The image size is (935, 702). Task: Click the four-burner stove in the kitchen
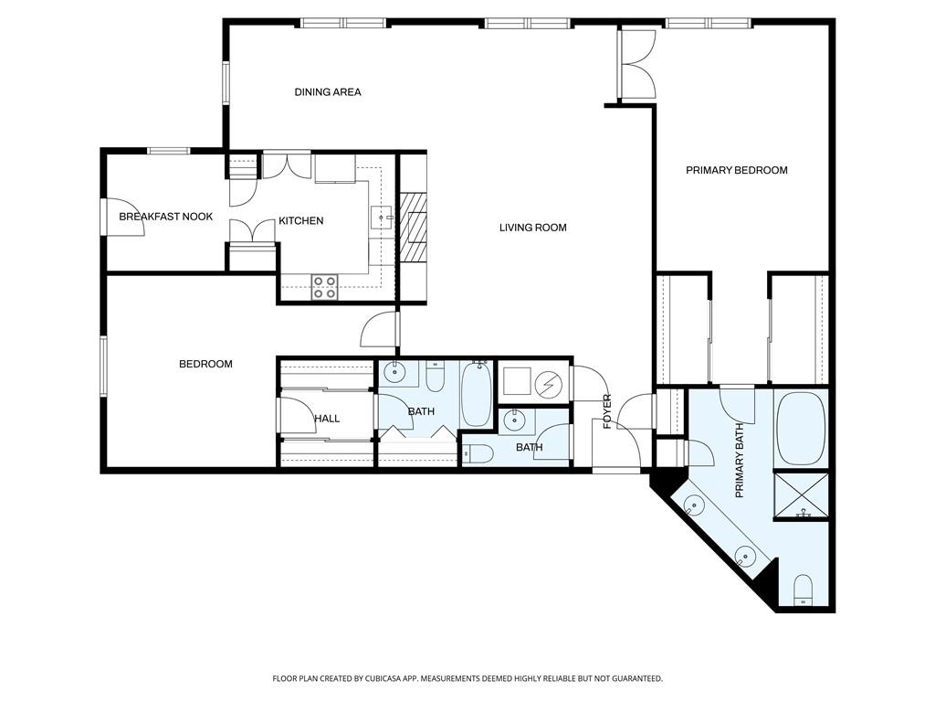click(x=324, y=287)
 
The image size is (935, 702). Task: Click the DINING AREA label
click(x=328, y=92)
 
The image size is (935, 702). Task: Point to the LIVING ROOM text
click(x=532, y=228)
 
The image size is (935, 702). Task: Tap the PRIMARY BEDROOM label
click(x=736, y=170)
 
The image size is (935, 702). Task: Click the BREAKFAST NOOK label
click(x=165, y=217)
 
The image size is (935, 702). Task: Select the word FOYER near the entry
click(x=606, y=411)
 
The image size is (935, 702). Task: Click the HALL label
click(x=327, y=419)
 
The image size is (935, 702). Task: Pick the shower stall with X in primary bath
click(x=802, y=495)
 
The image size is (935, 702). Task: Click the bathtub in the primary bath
click(x=801, y=430)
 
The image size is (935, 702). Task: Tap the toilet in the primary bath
click(x=804, y=590)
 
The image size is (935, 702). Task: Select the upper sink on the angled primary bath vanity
click(x=695, y=504)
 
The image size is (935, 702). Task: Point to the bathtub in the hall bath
click(x=476, y=394)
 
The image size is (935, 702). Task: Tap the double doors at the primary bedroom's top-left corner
click(x=636, y=65)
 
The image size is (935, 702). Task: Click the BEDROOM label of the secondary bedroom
click(x=205, y=364)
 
